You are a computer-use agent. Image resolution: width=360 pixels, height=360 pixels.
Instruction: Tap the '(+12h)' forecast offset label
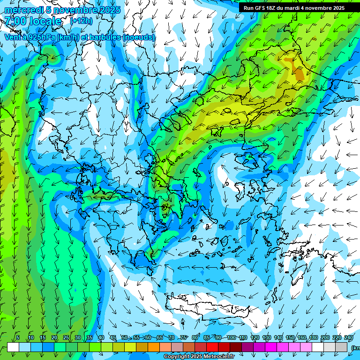click(x=81, y=21)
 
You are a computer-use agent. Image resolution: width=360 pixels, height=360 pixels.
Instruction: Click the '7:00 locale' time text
click(x=33, y=22)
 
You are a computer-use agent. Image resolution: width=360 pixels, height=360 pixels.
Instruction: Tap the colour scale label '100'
click(x=231, y=338)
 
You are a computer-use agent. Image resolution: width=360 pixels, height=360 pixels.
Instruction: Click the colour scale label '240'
click(x=349, y=338)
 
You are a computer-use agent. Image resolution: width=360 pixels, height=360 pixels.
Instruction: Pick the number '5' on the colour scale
click(x=18, y=338)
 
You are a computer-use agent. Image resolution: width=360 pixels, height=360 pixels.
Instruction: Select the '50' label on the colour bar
click(x=125, y=338)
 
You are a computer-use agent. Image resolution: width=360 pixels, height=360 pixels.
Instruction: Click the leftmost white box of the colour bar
click(x=13, y=347)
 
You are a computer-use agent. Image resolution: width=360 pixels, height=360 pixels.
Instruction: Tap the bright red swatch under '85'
click(x=212, y=347)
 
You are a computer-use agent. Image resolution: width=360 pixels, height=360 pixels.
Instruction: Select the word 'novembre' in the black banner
click(x=314, y=8)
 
